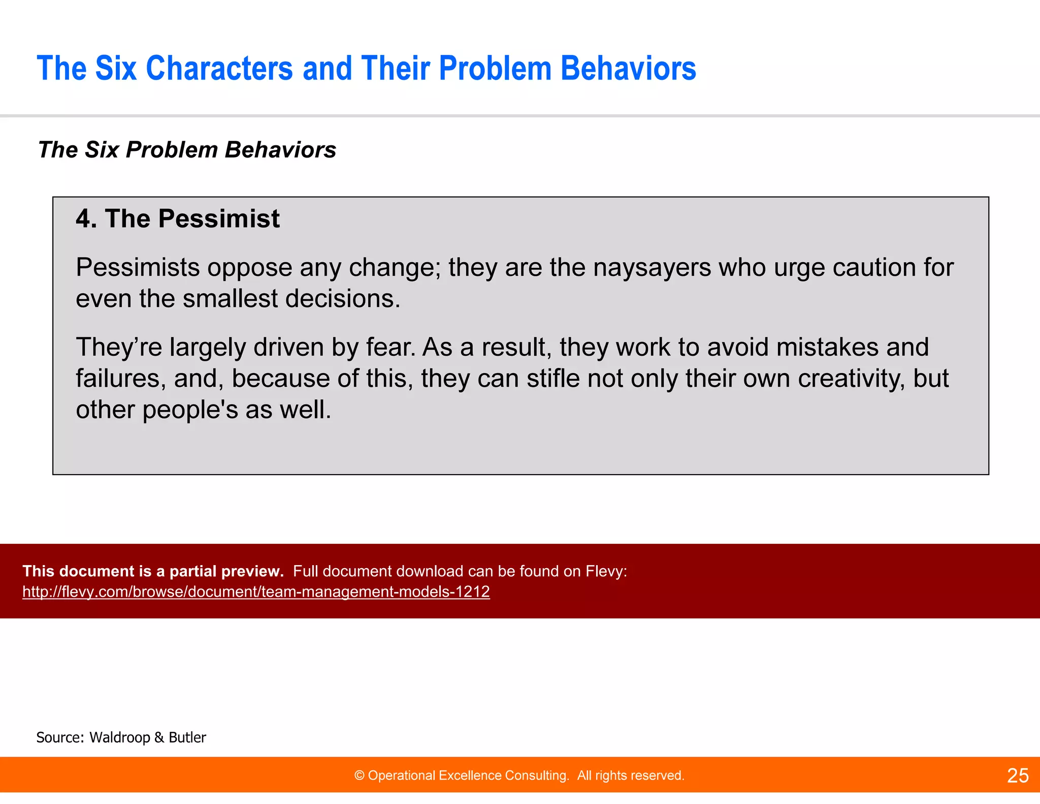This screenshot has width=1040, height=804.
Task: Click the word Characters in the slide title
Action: pyautogui.click(x=219, y=68)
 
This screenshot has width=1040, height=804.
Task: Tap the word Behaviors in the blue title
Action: pyautogui.click(x=628, y=68)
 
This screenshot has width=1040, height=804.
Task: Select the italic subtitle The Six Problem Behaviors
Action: pyautogui.click(x=187, y=150)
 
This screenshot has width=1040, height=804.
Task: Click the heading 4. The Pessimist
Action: pyautogui.click(x=177, y=219)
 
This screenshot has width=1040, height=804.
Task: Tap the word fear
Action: pyautogui.click(x=391, y=347)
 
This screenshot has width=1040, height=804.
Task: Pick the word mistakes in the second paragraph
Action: pyautogui.click(x=828, y=347)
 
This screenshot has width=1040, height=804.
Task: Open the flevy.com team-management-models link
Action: pyautogui.click(x=256, y=592)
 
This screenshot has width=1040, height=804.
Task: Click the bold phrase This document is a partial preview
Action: pyautogui.click(x=153, y=571)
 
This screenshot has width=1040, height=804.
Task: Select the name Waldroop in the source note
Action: pyautogui.click(x=119, y=737)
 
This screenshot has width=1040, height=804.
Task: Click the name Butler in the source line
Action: pyautogui.click(x=187, y=737)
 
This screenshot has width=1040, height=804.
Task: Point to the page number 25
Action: pyautogui.click(x=1018, y=776)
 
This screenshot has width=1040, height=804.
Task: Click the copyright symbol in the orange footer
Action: pyautogui.click(x=360, y=776)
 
